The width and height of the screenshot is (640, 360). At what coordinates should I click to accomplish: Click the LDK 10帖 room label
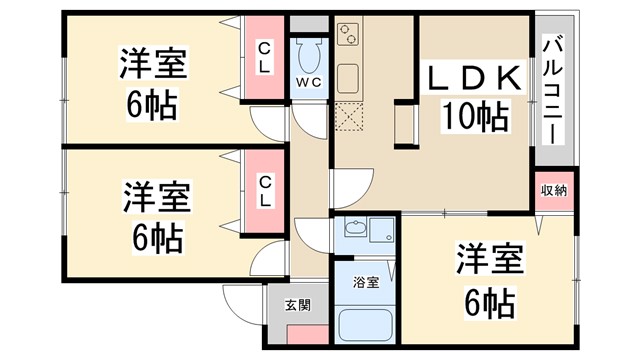tap(475, 98)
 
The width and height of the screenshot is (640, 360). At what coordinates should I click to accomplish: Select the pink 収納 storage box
tap(554, 191)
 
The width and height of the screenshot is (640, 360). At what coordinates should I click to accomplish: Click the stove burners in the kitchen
tap(348, 37)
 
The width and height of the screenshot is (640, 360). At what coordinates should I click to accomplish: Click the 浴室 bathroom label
tap(366, 283)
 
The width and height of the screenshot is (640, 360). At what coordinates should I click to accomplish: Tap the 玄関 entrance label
tap(297, 306)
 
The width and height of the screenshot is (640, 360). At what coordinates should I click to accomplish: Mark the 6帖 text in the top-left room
tap(153, 103)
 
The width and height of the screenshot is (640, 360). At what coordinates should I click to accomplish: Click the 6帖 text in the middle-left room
tap(153, 237)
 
